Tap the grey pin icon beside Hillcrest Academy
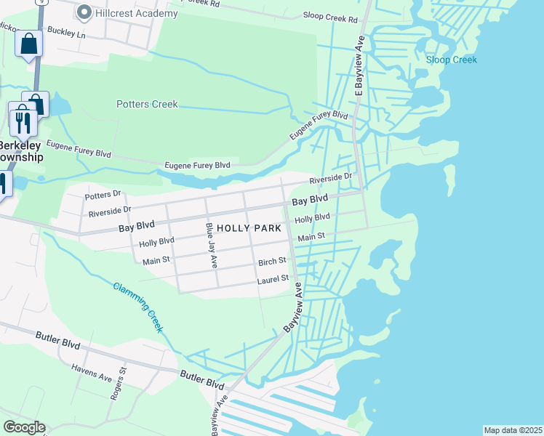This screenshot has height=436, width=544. [84, 12]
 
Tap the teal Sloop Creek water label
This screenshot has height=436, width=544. [452, 60]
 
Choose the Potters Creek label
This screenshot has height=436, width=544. [147, 104]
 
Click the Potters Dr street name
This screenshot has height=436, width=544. [103, 195]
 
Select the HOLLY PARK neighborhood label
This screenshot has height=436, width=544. [249, 228]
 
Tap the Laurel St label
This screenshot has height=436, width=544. [273, 279]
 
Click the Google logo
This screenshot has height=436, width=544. [24, 427]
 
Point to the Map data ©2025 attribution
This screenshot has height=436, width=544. [513, 430]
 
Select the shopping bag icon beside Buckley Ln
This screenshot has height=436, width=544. [29, 44]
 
